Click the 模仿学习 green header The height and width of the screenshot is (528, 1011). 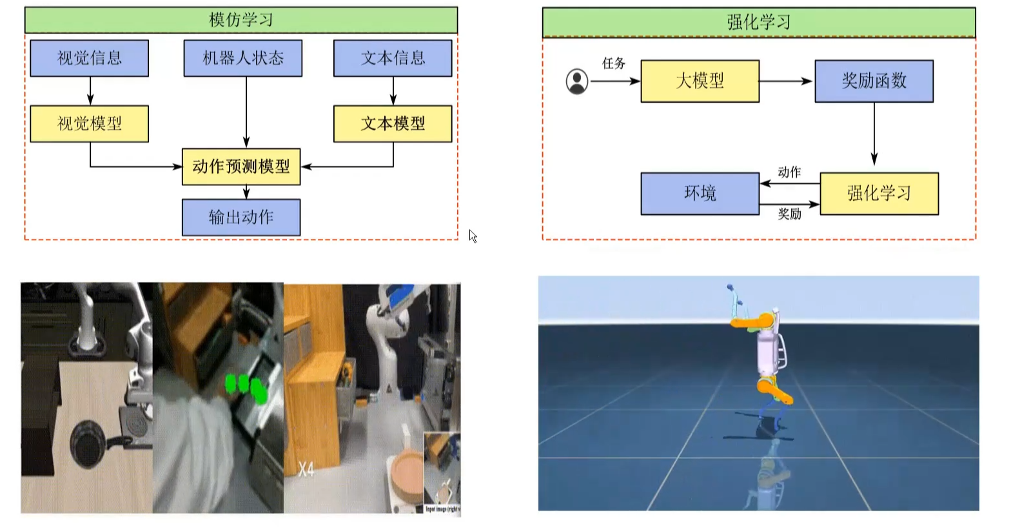[x=240, y=20]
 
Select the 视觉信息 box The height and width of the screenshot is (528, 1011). [x=90, y=58]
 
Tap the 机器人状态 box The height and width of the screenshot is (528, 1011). [x=242, y=58]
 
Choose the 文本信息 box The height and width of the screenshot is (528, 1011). [x=393, y=58]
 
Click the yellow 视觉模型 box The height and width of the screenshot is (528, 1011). [x=90, y=123]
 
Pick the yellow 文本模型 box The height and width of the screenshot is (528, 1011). [x=393, y=123]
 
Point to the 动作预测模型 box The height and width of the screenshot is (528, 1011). [x=241, y=167]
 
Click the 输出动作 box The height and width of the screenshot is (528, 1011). [x=241, y=217]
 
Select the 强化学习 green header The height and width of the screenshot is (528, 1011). [x=758, y=23]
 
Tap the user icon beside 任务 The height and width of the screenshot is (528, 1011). [x=577, y=81]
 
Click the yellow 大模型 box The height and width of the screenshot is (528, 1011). [x=700, y=81]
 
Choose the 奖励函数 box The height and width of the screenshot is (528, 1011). [x=874, y=81]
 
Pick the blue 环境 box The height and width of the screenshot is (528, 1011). [x=700, y=193]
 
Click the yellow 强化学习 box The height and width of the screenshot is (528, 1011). [x=879, y=193]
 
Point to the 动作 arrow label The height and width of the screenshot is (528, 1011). [x=789, y=172]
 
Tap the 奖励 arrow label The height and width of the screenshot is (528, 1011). [x=789, y=214]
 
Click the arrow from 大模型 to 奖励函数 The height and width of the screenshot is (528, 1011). [x=786, y=81]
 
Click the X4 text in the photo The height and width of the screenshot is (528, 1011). [x=306, y=469]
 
